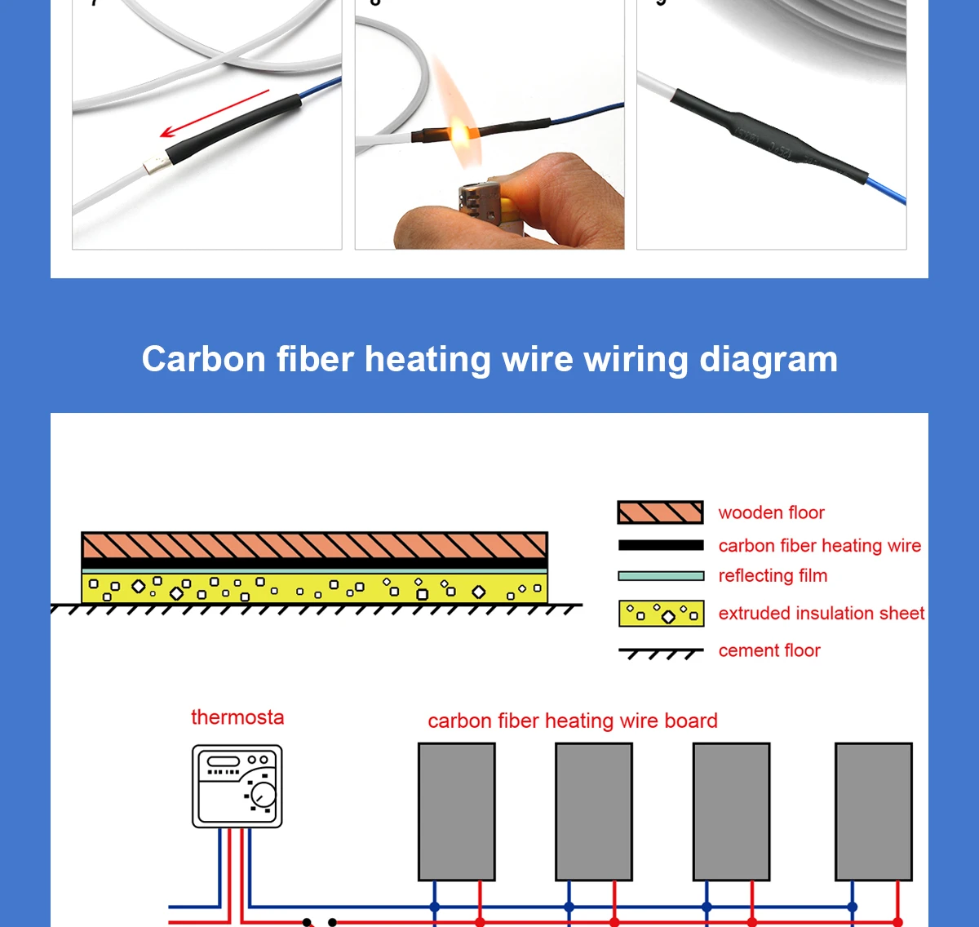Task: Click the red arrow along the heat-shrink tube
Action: coord(214,114)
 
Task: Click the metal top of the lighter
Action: coord(473,200)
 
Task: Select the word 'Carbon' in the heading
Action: coord(204,359)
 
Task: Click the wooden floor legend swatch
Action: coord(660,512)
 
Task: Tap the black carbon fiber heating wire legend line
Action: coord(660,545)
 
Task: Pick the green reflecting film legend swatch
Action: coord(660,576)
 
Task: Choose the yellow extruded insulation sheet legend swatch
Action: coord(660,614)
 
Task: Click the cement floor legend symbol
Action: coord(660,653)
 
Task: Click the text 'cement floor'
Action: coord(769,650)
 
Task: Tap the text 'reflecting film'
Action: coord(773,575)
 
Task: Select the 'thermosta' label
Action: coord(237,717)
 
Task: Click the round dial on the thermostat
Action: coord(264,794)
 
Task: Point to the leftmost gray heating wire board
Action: coord(457,811)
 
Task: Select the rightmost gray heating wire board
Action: coord(874,811)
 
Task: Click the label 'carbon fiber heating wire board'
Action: coord(573,721)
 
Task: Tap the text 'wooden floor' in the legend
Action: coord(771,512)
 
